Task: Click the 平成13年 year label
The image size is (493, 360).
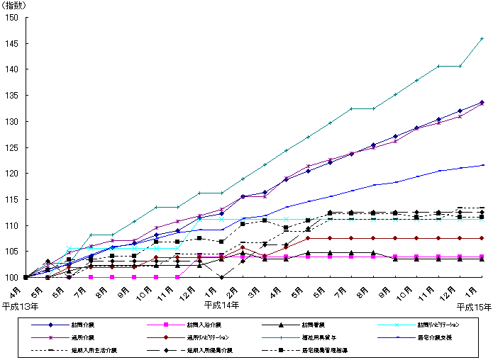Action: [x=18, y=306]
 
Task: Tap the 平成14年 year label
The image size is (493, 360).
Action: [x=221, y=305]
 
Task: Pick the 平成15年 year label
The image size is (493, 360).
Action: [x=473, y=306]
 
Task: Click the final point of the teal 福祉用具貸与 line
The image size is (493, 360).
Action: [x=482, y=38]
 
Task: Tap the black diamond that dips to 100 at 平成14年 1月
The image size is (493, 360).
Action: [x=221, y=277]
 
